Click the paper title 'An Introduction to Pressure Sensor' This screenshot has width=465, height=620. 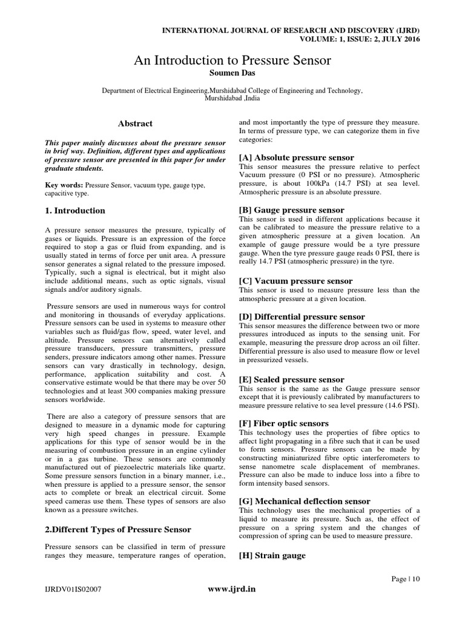[232, 61]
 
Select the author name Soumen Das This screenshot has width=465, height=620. [232, 73]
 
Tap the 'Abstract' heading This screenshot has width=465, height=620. [135, 124]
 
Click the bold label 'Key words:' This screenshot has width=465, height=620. [65, 184]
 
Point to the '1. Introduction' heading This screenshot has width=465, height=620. [76, 211]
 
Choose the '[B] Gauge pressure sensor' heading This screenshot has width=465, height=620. [292, 210]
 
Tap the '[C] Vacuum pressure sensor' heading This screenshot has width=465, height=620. [295, 281]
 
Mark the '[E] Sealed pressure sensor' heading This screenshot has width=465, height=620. [292, 379]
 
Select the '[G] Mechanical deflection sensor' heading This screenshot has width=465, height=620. [305, 501]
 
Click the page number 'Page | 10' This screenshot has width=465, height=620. [405, 579]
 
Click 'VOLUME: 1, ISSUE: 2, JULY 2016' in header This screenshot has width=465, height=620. [360, 39]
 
